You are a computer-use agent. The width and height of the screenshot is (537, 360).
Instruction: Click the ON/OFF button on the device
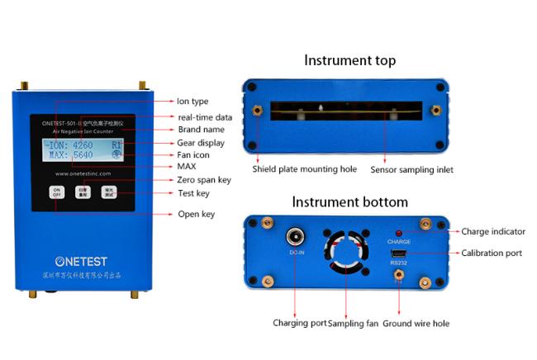coord(57,192)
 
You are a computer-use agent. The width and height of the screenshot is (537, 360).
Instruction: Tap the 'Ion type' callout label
coord(193,101)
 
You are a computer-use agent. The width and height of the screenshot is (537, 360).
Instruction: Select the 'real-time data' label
coord(205,116)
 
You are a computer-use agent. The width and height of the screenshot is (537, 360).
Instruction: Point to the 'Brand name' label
coord(202,130)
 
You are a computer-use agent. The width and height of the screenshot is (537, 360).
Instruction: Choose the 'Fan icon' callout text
coord(198,154)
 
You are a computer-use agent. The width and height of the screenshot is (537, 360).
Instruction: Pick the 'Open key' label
coord(197,215)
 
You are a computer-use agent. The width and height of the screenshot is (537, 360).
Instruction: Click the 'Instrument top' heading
coord(349,60)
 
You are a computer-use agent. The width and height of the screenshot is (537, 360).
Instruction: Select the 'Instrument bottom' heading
coord(349,201)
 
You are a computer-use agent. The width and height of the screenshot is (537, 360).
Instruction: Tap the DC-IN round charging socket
coord(294,237)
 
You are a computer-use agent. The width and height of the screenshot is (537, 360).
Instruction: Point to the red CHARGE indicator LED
coord(398,233)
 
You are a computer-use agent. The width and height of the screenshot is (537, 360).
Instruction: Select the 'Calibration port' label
coord(492,253)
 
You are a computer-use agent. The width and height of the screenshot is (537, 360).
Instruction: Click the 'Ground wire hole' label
coord(417,324)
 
